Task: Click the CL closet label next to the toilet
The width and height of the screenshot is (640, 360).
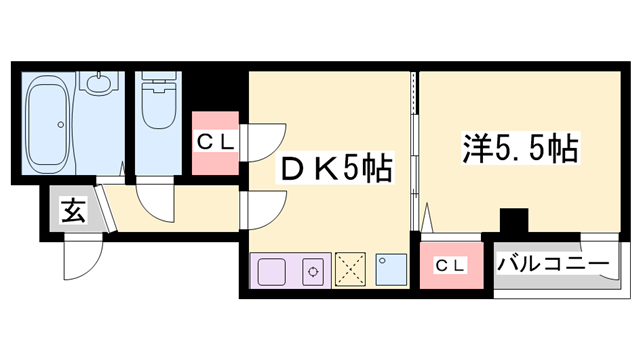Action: click(x=215, y=142)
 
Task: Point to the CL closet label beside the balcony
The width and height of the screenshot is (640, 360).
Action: click(x=451, y=265)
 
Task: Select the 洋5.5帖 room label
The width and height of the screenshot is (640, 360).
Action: click(x=519, y=150)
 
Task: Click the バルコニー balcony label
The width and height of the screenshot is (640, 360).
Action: click(x=553, y=265)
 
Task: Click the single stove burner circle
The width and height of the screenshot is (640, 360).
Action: click(x=314, y=269)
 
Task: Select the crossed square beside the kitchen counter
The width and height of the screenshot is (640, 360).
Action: click(x=351, y=267)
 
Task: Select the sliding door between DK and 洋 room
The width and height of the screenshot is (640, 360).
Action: click(x=414, y=150)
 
